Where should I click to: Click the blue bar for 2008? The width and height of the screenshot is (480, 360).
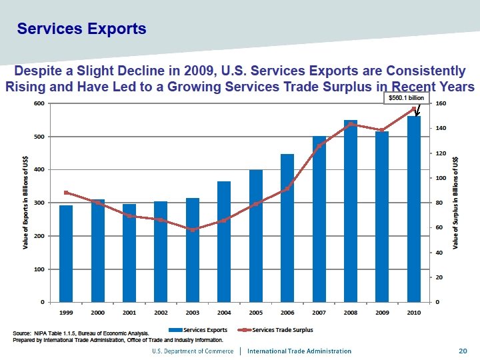pos(351,211)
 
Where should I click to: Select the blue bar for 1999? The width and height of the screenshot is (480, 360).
pos(66,254)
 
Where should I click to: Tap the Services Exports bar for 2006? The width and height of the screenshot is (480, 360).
pos(287,228)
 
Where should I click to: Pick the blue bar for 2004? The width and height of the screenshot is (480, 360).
pos(224,241)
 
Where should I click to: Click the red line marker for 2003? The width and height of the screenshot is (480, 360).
pos(193,230)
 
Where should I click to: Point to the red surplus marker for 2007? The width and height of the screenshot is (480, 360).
pos(319,146)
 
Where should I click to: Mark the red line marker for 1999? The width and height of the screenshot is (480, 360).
pos(66,193)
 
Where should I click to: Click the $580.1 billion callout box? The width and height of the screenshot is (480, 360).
pos(404,98)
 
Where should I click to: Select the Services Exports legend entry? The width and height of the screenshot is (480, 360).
pos(199,329)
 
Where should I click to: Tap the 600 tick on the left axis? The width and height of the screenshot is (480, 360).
pos(39,104)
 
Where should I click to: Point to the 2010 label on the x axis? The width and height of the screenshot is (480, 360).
pos(413,312)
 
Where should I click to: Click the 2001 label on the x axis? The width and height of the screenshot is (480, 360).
pos(129,312)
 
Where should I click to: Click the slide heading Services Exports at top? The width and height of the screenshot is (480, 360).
pos(81,29)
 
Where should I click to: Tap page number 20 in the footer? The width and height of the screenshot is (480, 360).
pos(462,351)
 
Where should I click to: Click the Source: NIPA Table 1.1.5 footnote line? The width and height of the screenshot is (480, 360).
pos(81,333)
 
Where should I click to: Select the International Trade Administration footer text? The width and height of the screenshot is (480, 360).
pos(299,351)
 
